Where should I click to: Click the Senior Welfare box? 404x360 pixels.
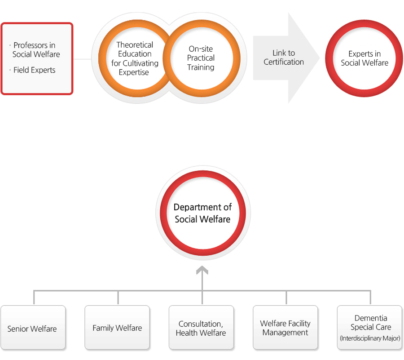click(x=33, y=328)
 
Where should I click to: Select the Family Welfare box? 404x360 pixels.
click(x=117, y=328)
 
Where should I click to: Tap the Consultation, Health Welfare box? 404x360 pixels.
click(x=201, y=328)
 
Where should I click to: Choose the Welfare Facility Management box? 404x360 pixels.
click(x=285, y=328)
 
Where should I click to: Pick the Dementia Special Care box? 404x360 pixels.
click(x=370, y=328)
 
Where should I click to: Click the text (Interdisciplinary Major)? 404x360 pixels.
click(x=370, y=338)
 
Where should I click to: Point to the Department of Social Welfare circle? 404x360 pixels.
click(x=202, y=213)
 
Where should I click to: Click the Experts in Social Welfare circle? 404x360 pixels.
click(x=364, y=58)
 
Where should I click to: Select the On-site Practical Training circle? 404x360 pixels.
click(x=201, y=58)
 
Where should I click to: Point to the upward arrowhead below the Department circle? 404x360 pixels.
click(x=202, y=270)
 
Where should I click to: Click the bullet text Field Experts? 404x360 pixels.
click(x=34, y=70)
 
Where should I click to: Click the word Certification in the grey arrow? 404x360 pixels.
click(x=284, y=62)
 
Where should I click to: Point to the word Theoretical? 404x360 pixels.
click(x=135, y=45)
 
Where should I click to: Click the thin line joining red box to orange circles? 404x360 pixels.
click(x=82, y=59)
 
